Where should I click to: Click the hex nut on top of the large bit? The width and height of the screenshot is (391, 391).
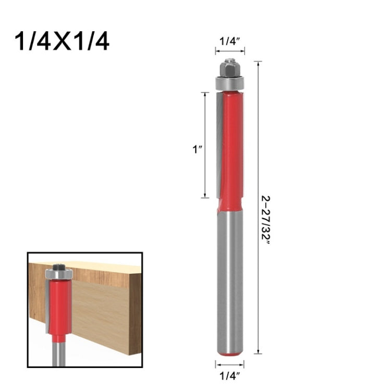pyautogui.click(x=229, y=67)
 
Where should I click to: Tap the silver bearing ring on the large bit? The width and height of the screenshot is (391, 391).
pyautogui.click(x=229, y=82)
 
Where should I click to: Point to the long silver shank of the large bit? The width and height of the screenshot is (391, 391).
pyautogui.click(x=229, y=282)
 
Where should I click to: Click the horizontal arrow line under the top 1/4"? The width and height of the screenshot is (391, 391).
pyautogui.click(x=229, y=51)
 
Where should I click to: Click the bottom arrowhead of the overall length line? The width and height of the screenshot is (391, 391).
pyautogui.click(x=258, y=352)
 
